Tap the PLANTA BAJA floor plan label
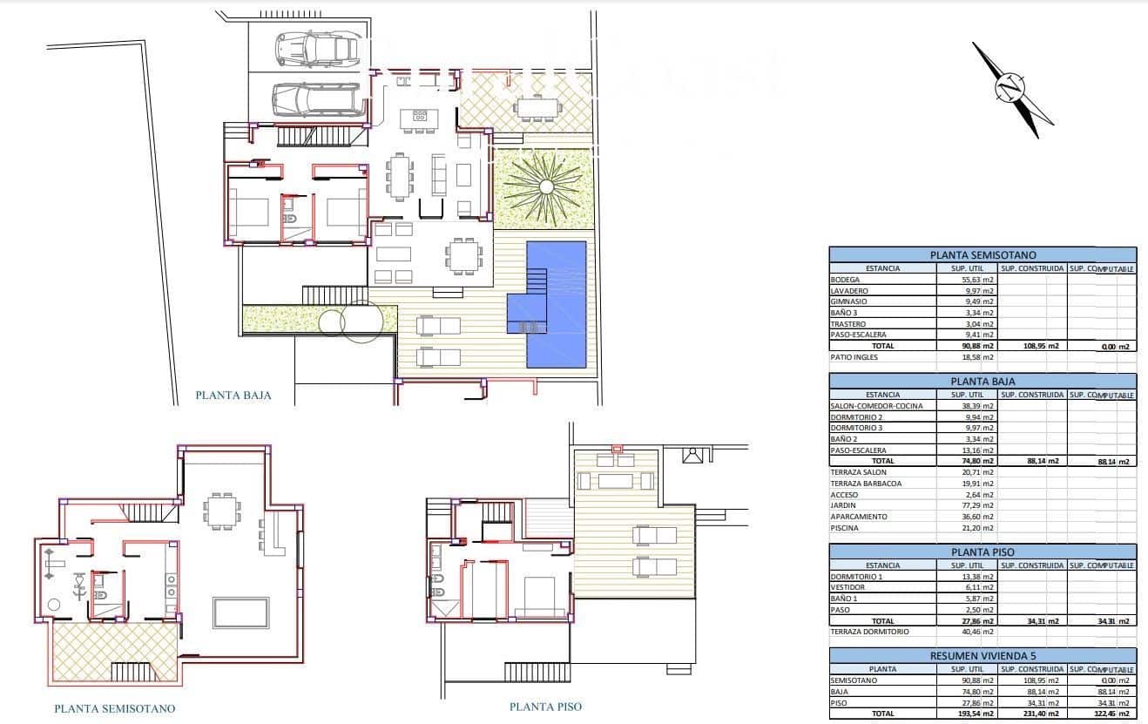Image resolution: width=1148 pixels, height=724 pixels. point(233,395)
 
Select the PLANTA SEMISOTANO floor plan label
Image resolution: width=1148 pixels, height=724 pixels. point(114,708)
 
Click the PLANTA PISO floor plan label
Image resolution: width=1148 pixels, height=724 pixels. point(545,707)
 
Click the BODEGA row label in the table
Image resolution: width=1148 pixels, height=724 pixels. point(846,280)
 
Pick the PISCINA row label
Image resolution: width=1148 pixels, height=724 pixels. point(845,528)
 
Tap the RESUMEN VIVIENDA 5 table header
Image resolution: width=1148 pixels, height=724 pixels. point(983,656)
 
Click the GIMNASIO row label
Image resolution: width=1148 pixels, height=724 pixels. point(848,301)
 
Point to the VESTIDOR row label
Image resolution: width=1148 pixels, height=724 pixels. point(847,587)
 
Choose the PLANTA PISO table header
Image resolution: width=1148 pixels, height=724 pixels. point(983,552)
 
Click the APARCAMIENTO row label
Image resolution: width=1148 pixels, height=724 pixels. point(859,517)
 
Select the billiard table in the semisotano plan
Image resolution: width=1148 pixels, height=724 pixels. point(241,612)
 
